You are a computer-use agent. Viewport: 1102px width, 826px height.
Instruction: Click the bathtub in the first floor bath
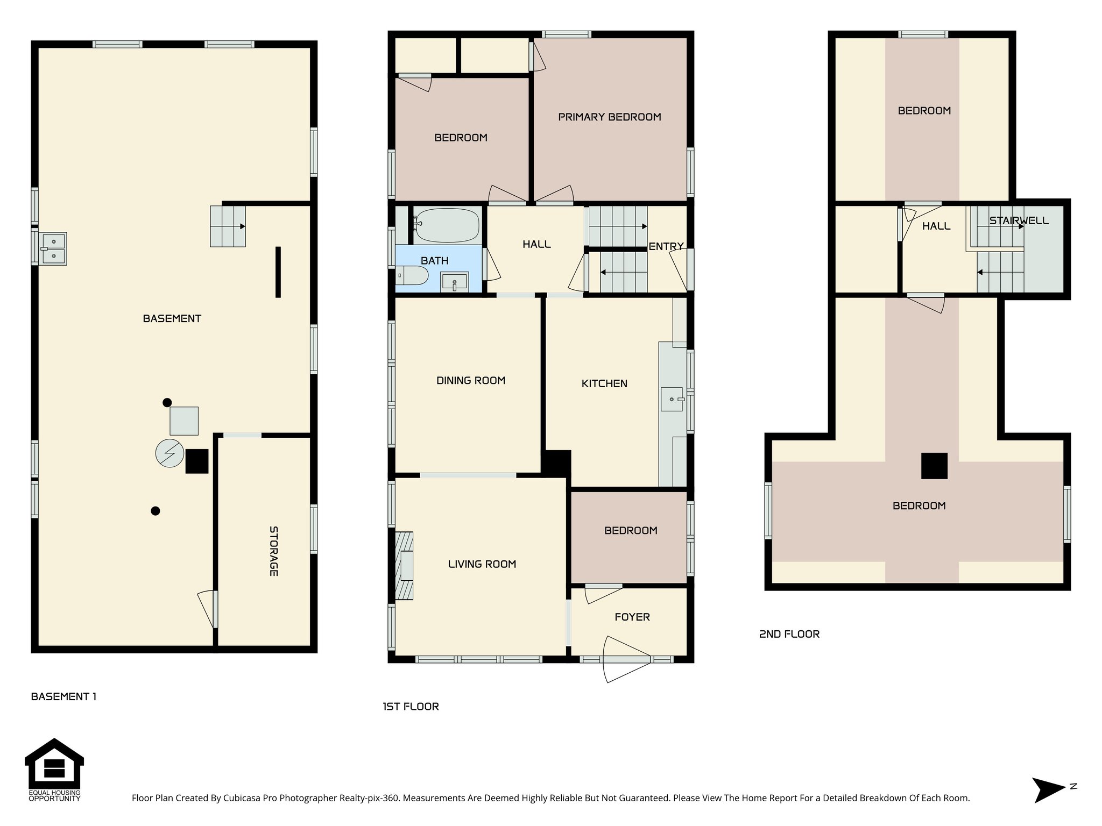click(x=447, y=225)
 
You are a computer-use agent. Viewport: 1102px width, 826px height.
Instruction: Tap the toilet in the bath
click(x=413, y=276)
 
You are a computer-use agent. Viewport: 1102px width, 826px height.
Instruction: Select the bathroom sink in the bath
click(x=454, y=282)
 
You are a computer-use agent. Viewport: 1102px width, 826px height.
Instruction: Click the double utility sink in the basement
click(x=53, y=249)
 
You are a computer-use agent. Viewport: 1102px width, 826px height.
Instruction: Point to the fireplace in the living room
click(x=405, y=566)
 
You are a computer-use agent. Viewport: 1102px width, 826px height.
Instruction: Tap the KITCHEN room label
click(x=604, y=383)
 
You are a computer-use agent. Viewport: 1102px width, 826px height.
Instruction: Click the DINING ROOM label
click(x=471, y=381)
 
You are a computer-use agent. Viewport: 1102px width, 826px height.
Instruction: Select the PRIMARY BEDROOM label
click(x=609, y=117)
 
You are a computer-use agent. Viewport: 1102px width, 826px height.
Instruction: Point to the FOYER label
click(x=632, y=617)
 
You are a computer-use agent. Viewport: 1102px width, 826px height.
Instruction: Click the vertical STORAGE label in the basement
click(x=274, y=551)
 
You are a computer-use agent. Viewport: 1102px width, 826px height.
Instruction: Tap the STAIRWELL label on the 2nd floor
click(x=1019, y=220)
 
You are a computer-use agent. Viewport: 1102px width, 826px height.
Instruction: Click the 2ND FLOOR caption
click(x=789, y=634)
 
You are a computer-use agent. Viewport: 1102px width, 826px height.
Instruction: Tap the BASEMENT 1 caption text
click(x=63, y=696)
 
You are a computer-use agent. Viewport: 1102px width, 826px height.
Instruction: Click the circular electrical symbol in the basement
click(x=169, y=453)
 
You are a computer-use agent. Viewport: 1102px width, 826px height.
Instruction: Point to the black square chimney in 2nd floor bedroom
click(x=934, y=466)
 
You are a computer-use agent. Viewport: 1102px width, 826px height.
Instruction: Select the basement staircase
click(x=228, y=226)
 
